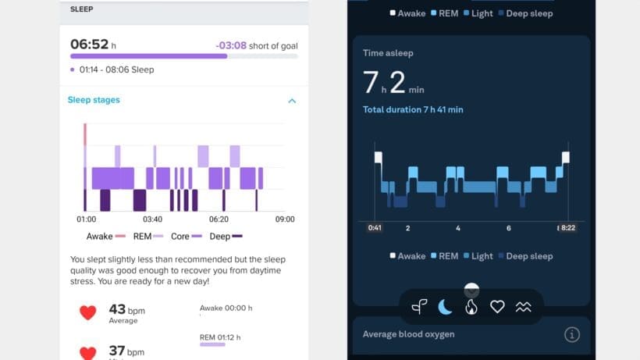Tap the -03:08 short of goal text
point(256,45)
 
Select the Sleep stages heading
point(94,100)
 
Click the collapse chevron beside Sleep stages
point(292,101)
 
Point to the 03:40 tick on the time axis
point(152,219)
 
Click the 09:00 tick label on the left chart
point(285,219)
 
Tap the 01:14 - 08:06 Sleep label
point(116,70)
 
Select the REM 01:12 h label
point(220,337)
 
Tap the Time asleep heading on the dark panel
point(388,53)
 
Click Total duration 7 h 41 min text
point(413,109)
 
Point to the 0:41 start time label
point(375,228)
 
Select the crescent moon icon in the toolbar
point(445,307)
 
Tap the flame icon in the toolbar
point(471,307)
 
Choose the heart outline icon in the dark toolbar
point(497,307)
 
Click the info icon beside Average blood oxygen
point(572,334)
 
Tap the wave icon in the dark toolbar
point(523,307)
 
